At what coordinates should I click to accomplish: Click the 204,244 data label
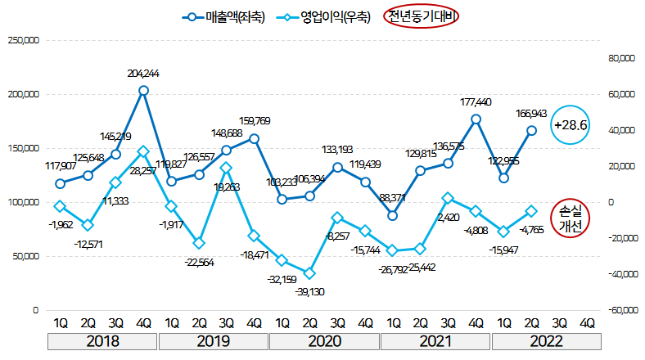[x=143, y=74]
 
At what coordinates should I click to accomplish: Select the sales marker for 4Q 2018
[x=143, y=90]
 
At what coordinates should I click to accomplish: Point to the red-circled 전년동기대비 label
[x=424, y=16]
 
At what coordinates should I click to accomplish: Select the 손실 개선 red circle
[x=571, y=218]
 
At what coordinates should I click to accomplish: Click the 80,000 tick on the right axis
[x=622, y=58]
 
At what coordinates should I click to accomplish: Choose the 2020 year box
[x=325, y=341]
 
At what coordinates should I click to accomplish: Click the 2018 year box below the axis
[x=101, y=341]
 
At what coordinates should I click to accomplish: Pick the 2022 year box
[x=547, y=341]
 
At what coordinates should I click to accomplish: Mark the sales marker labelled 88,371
[x=393, y=215]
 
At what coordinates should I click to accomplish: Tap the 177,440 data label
[x=476, y=102]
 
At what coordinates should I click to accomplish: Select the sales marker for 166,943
[x=532, y=130]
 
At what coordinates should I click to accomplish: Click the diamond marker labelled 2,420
[x=448, y=198]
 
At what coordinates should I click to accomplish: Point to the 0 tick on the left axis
[x=35, y=311]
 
